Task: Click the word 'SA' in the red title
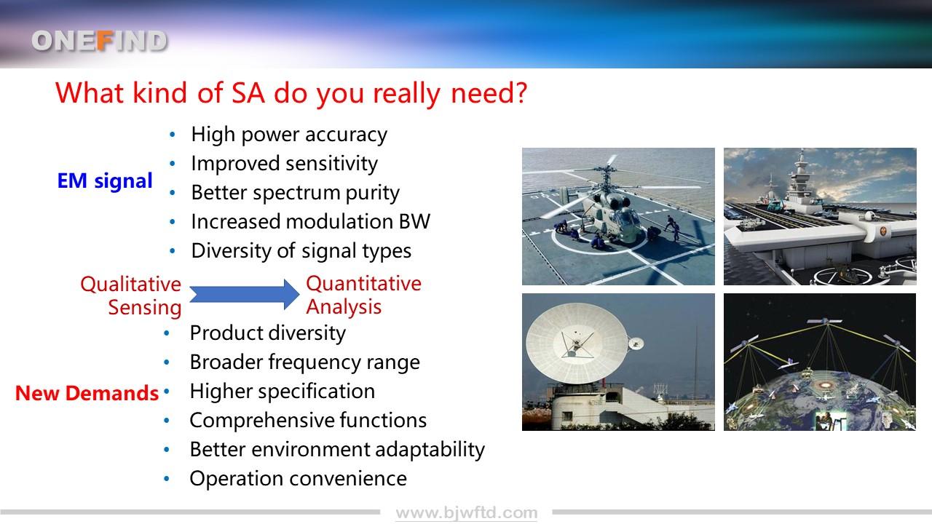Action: [x=248, y=92]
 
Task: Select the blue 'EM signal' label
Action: [x=105, y=181]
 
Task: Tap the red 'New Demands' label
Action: [x=87, y=393]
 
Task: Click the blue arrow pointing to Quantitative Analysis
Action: [x=245, y=295]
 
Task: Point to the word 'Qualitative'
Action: [x=130, y=285]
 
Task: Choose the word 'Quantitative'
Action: [x=363, y=284]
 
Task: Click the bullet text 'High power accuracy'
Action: [x=289, y=135]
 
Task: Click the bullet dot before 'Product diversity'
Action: [x=167, y=333]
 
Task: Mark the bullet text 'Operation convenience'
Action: [x=299, y=479]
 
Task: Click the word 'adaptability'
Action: [x=430, y=450]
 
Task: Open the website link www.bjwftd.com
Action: [x=467, y=513]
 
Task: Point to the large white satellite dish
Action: [x=577, y=344]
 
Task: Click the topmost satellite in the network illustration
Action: [x=825, y=321]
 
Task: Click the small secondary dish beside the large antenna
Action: [x=636, y=344]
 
